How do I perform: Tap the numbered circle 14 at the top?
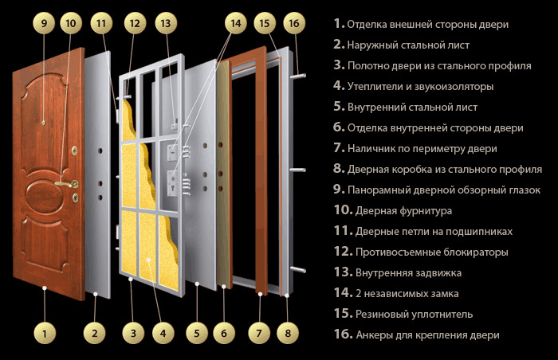[236, 24]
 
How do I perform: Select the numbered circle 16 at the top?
[294, 24]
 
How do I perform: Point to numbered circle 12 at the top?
[135, 24]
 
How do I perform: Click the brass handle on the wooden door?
[73, 184]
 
